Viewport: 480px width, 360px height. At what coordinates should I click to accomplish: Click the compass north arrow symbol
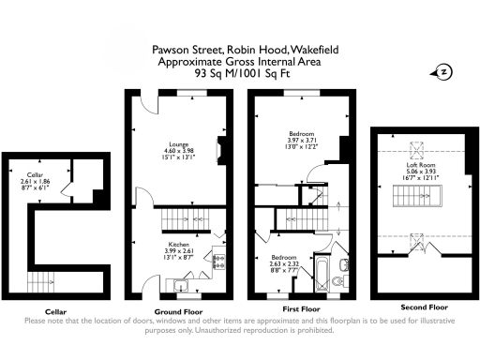pyautogui.click(x=443, y=71)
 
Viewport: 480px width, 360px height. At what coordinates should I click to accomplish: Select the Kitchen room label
pyautogui.click(x=177, y=243)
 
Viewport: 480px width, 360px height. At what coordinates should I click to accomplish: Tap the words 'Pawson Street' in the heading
pyautogui.click(x=183, y=51)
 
